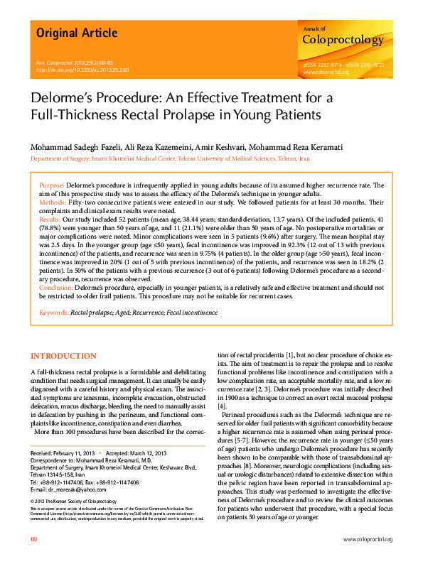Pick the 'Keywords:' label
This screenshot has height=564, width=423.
[x=53, y=313]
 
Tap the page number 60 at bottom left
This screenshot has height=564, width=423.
[x=34, y=540]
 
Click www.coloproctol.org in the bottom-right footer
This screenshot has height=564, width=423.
[x=368, y=540]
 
